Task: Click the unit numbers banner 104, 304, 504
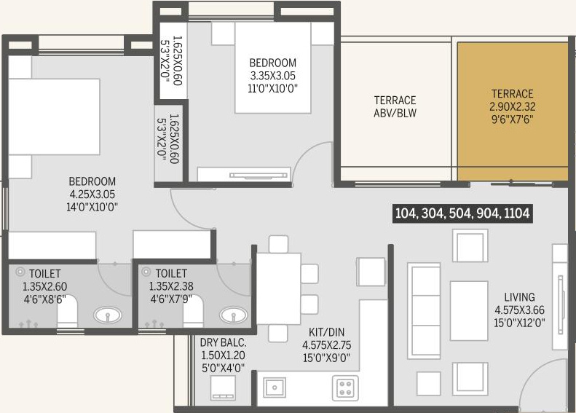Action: tap(462, 213)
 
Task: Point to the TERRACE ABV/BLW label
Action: tap(395, 106)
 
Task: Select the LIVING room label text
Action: tap(519, 297)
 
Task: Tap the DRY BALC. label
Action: tap(223, 342)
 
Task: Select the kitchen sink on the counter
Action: tap(275, 387)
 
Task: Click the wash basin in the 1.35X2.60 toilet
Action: tap(107, 315)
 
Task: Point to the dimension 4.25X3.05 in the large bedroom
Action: tap(92, 194)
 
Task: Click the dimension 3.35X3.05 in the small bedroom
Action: tap(272, 76)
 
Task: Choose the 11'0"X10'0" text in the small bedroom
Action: tap(272, 89)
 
